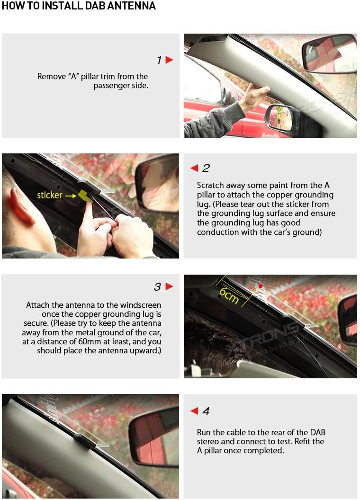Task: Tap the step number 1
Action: [x=159, y=60]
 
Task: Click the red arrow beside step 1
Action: [x=170, y=60]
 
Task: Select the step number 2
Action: [x=206, y=168]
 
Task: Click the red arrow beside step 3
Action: [x=170, y=286]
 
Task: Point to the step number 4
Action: [x=206, y=411]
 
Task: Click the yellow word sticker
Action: [x=49, y=195]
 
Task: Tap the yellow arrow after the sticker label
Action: [x=71, y=196]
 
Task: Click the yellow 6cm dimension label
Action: [x=229, y=296]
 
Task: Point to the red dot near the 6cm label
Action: [x=261, y=286]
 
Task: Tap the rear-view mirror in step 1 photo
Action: [x=329, y=53]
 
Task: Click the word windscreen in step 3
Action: [x=141, y=305]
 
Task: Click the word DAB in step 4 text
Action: [x=317, y=432]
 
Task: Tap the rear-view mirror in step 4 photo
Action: [x=154, y=437]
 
